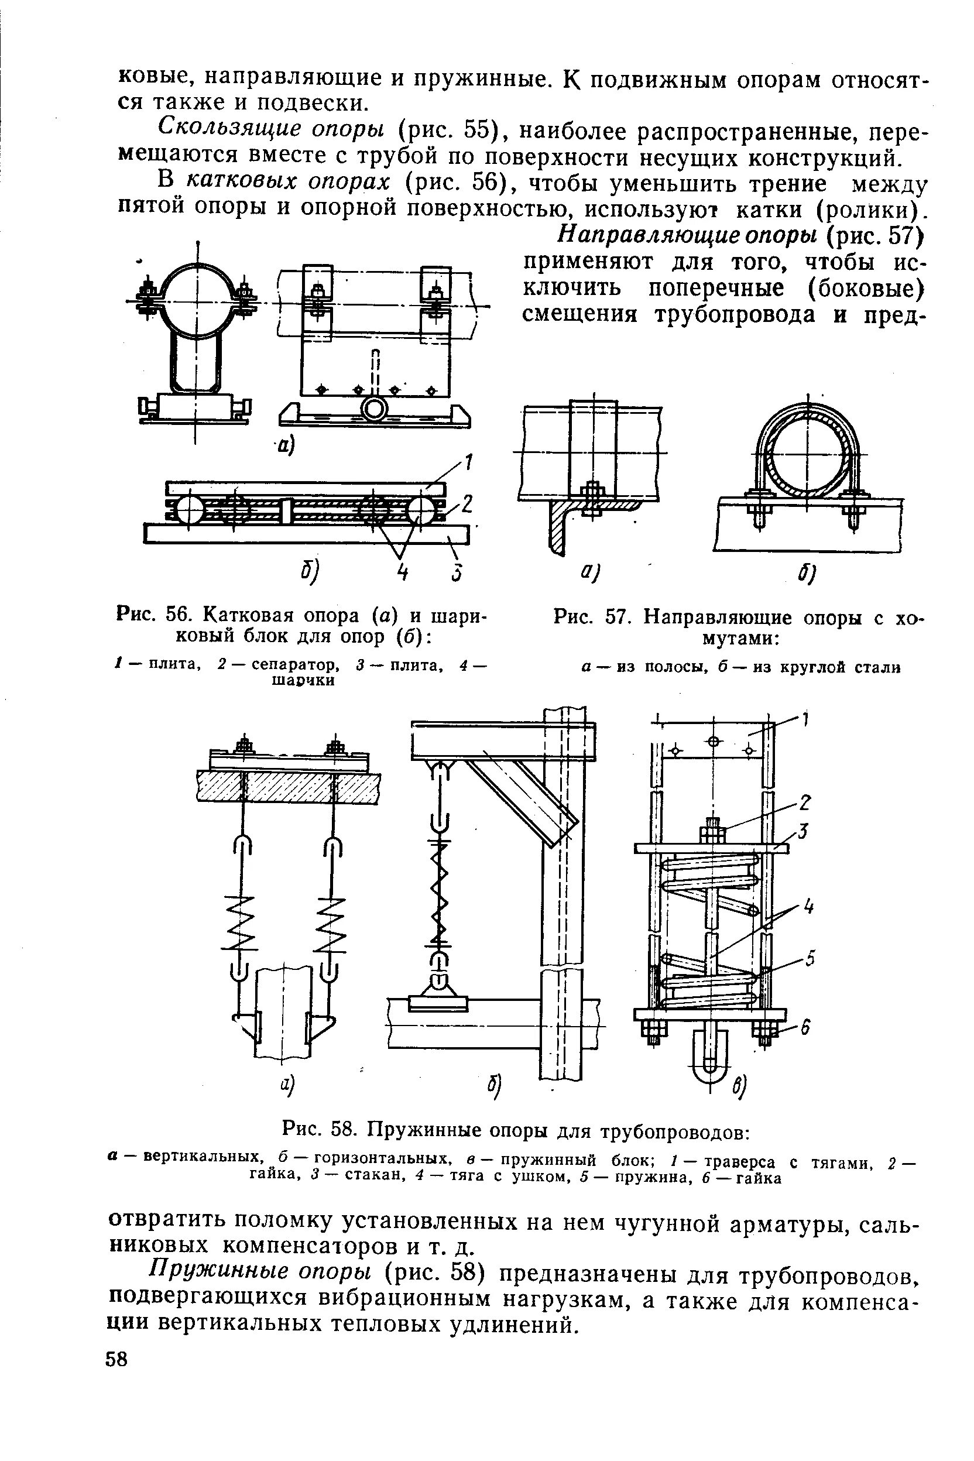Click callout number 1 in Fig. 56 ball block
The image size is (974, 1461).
(469, 463)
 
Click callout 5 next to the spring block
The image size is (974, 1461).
(810, 960)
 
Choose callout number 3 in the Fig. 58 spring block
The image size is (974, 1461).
(803, 831)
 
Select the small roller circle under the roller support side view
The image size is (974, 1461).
(375, 409)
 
